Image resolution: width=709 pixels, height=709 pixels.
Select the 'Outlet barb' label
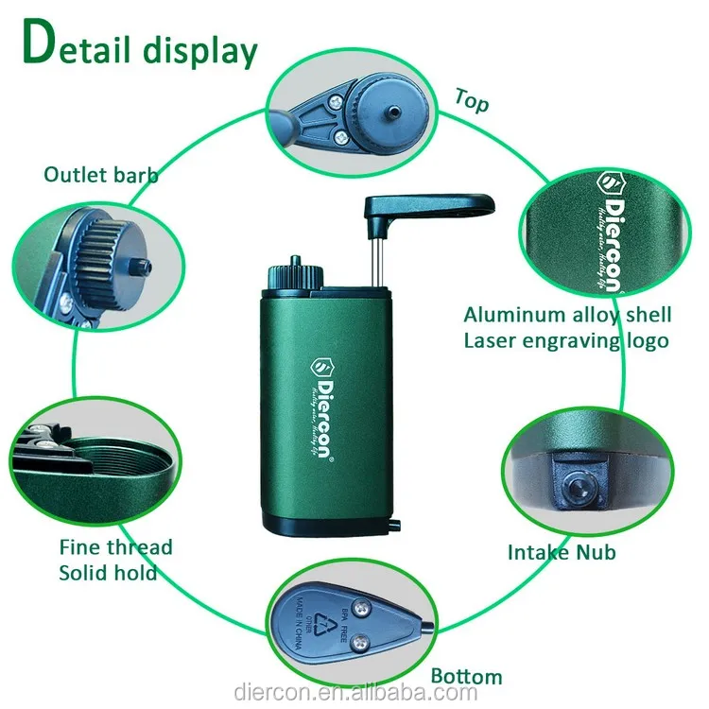pyautogui.click(x=101, y=174)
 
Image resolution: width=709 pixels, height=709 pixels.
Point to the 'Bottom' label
pyautogui.click(x=466, y=675)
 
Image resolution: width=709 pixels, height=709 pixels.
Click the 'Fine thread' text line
pyautogui.click(x=115, y=547)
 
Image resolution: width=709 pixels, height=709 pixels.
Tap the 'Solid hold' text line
pyautogui.click(x=108, y=573)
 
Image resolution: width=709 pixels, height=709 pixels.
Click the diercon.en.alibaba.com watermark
pyautogui.click(x=354, y=693)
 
